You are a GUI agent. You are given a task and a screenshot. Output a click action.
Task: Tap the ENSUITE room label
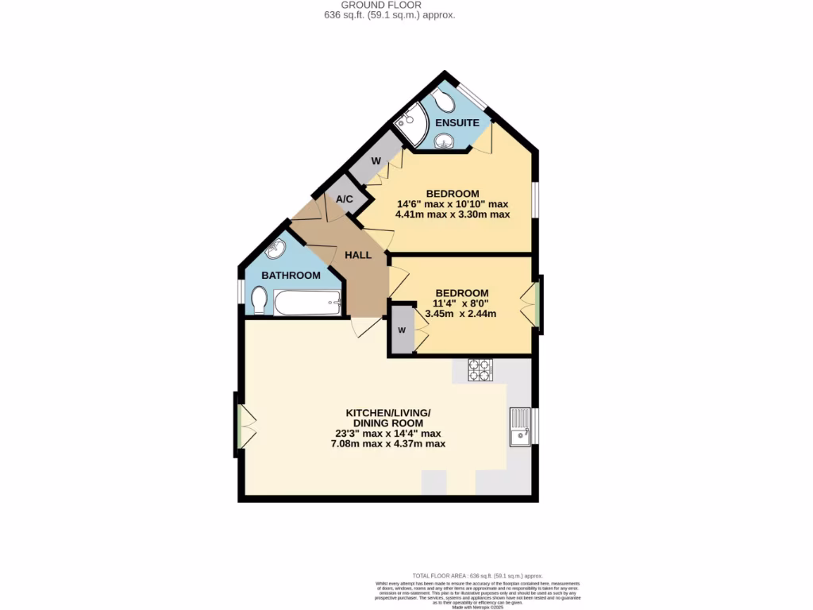[x=457, y=123]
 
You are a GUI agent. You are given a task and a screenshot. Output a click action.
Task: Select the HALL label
[x=358, y=255]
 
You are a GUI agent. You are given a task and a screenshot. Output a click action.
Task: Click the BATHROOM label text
[x=291, y=276]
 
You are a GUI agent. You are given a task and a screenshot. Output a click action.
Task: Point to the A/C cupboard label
[x=345, y=199]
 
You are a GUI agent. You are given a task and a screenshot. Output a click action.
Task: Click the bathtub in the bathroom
[x=308, y=302]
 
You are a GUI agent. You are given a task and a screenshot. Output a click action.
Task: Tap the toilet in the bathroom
[x=259, y=299]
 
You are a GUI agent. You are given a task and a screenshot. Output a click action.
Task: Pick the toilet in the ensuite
[x=445, y=102]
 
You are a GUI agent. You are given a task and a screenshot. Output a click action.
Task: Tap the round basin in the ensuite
[x=443, y=141]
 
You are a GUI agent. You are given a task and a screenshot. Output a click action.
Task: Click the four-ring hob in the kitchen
[x=480, y=370]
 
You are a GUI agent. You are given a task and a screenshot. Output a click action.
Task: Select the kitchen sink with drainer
[x=520, y=427]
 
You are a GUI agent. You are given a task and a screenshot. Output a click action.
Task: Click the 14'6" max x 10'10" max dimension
[x=452, y=204]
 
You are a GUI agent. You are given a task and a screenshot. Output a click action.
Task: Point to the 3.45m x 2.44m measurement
[x=461, y=313]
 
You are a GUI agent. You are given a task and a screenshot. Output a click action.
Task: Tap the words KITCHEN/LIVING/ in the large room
[x=387, y=413]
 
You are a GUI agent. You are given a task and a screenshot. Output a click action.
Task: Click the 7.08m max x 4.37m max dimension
[x=387, y=443]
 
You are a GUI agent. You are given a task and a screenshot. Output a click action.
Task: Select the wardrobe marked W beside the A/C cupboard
[x=376, y=161]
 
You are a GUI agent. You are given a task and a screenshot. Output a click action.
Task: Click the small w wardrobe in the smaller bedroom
[x=402, y=330]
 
